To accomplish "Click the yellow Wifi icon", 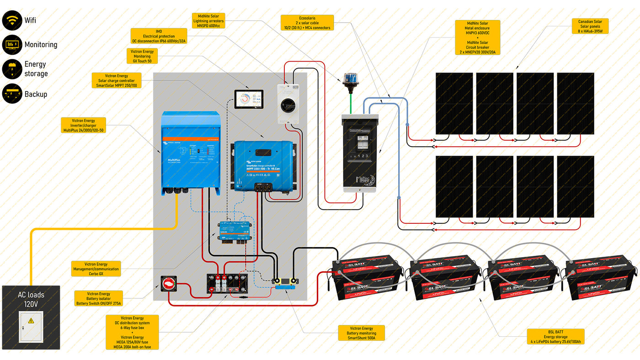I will [12, 21].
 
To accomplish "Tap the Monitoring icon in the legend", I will [12, 45].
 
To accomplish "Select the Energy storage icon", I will [12, 69].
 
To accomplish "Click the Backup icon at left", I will [12, 94].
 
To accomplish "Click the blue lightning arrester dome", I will [351, 77].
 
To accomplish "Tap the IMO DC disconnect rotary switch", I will [289, 104].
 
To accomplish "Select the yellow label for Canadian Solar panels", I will [590, 26].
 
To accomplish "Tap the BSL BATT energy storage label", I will [555, 336].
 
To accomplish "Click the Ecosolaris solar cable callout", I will [307, 23].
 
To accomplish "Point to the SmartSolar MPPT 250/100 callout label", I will [117, 80].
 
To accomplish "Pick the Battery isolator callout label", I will [98, 299].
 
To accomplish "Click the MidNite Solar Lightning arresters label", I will [208, 21].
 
